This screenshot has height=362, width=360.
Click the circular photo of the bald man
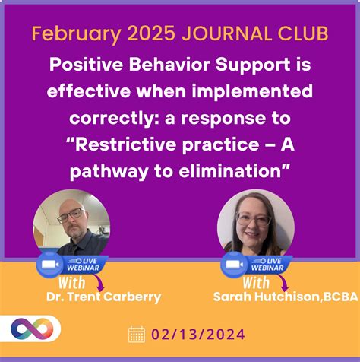point(71,224)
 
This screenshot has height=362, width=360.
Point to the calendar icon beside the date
point(136,334)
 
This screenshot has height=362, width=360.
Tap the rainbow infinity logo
point(31,329)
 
